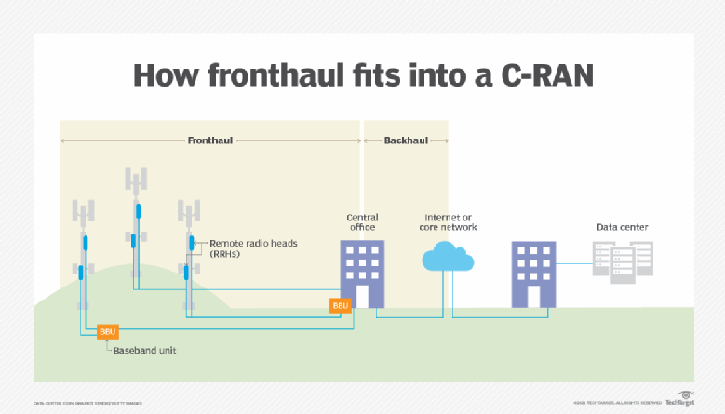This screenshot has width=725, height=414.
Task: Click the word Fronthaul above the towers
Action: tap(209, 140)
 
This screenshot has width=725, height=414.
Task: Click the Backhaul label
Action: tap(406, 140)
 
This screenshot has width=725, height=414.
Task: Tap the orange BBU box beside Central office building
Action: tap(340, 304)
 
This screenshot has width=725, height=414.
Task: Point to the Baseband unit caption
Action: tap(144, 351)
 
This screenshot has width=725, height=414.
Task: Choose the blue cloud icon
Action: tap(450, 256)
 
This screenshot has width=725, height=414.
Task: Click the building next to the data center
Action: tap(534, 274)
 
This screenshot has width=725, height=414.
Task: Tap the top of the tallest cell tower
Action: tap(136, 179)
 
